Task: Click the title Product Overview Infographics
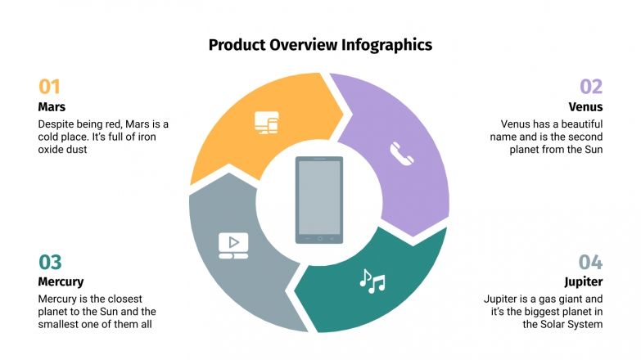320,45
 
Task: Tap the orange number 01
49,87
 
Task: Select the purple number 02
591,87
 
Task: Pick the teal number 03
50,262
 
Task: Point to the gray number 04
590,262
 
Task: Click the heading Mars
52,106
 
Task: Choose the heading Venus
585,106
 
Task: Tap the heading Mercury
61,281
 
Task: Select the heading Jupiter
584,281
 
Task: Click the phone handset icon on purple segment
401,153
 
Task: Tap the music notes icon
372,281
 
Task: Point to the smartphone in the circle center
319,200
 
